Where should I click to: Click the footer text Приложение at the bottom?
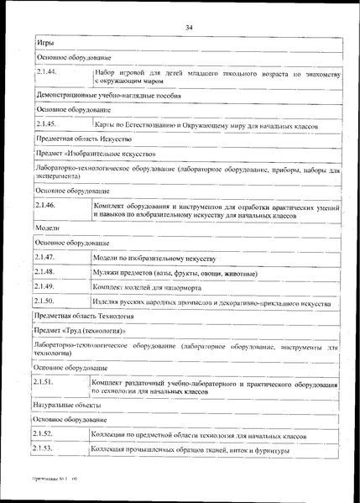point(52,487)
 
